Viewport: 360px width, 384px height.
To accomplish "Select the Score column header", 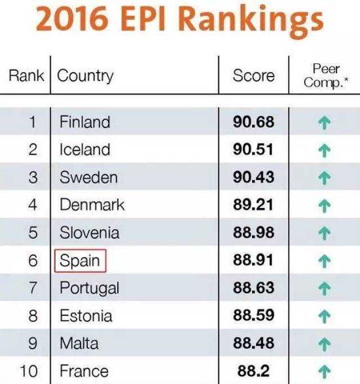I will coord(254,76).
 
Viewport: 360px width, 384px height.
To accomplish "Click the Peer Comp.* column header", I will coord(326,75).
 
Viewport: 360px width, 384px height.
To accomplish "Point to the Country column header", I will coord(85,76).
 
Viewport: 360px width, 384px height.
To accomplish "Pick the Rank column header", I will coord(26,76).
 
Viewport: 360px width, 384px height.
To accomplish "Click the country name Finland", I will coord(84,122).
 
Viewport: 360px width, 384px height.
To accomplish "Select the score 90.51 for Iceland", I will coord(253,150).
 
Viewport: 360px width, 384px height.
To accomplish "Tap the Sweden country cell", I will coord(88,177).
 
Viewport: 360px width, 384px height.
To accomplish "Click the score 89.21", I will coord(253,205).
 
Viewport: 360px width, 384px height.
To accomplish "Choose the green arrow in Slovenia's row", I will coord(323,233).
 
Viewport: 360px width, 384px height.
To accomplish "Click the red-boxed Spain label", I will coord(80,260).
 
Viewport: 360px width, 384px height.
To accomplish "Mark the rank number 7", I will coord(33,288).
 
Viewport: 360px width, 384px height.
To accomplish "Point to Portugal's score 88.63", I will coord(253,288).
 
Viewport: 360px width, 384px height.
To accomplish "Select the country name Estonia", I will coord(85,315).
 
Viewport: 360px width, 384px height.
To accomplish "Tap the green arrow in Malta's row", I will coord(323,343).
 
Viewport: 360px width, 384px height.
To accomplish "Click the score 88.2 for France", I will coord(254,371).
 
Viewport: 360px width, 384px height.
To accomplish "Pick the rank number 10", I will coord(29,371).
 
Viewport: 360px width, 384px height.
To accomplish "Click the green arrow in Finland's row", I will coord(323,123).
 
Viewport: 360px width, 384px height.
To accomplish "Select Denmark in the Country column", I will coord(92,205).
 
